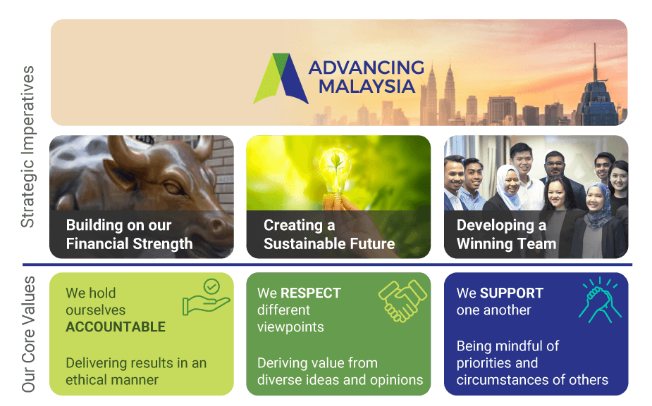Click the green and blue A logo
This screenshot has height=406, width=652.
281,79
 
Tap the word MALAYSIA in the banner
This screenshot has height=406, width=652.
367,87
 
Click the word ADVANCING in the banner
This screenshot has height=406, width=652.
367,68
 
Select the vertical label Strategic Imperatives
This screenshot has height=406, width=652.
28,146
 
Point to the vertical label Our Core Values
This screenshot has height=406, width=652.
28,334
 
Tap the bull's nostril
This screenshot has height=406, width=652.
217,227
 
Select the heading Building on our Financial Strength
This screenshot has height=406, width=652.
129,234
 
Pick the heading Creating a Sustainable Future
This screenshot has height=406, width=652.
329,234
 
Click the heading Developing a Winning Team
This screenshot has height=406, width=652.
506,234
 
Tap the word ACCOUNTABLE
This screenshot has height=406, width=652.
116,326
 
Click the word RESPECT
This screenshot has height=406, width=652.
311,293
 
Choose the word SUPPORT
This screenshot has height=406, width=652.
512,293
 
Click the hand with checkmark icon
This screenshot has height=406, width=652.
207,297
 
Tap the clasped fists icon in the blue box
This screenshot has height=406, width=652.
600,300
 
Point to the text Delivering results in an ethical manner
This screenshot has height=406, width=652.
136,371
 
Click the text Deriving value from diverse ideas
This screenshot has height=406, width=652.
340,371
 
